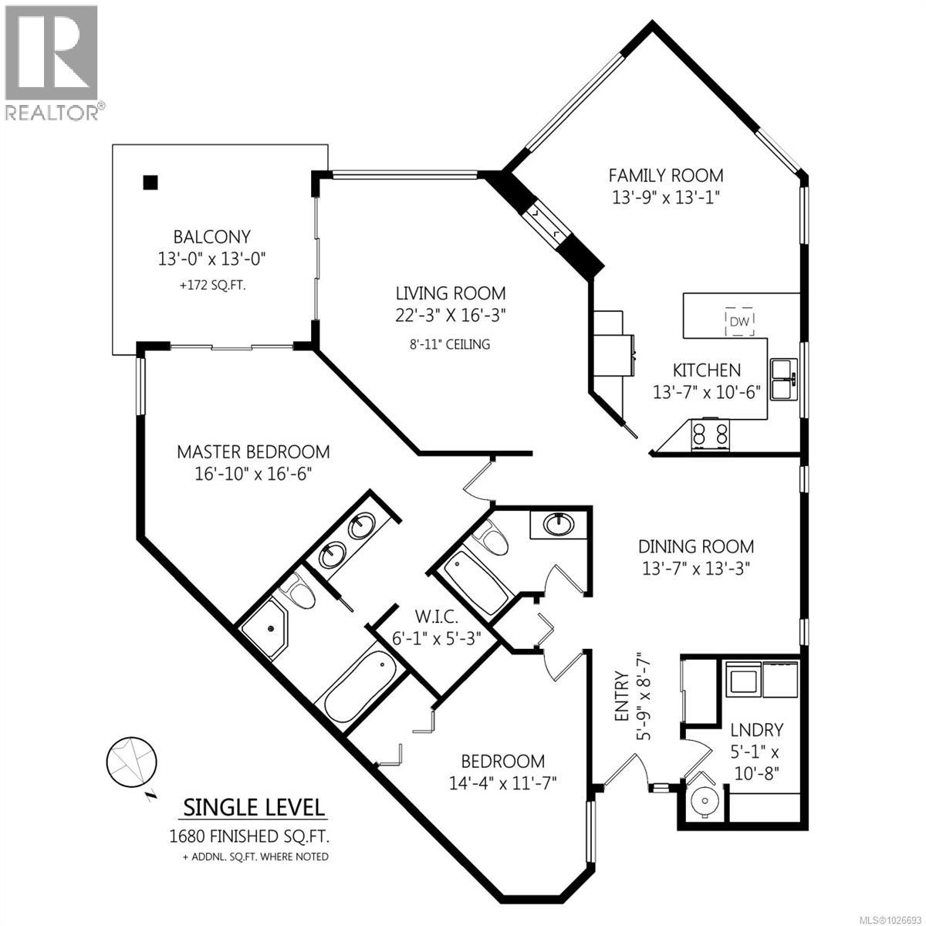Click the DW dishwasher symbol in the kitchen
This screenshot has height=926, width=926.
click(x=739, y=322)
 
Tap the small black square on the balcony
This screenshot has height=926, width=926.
click(x=150, y=182)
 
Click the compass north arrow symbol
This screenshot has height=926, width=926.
click(x=132, y=762)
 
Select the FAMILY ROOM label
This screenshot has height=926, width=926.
click(x=665, y=175)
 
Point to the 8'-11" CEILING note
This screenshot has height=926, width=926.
click(x=451, y=344)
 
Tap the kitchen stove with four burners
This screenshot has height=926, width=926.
click(x=710, y=434)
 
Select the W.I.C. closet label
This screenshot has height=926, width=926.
click(x=437, y=617)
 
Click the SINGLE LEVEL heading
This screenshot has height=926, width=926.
click(x=253, y=807)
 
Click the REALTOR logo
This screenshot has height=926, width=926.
click(x=52, y=62)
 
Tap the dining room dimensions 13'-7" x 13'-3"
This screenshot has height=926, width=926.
click(x=695, y=568)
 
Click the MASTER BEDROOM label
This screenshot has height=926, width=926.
click(x=253, y=451)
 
